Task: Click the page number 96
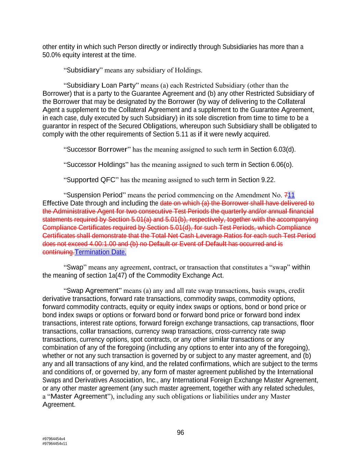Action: point(180,432)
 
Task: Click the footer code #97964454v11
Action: point(55,444)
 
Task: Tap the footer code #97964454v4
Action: point(54,439)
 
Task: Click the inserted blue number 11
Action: point(291,195)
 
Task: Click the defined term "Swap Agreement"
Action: point(92,291)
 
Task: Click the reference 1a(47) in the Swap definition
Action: point(116,275)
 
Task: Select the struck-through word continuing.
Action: point(58,252)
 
